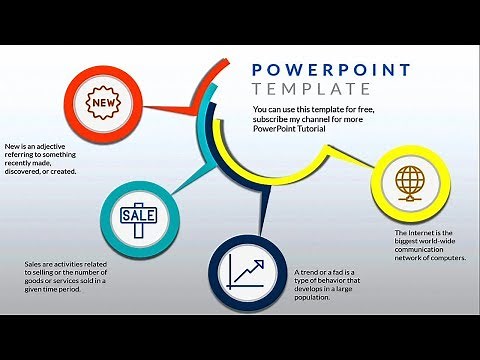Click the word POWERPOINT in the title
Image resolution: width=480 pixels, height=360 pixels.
coord(331,70)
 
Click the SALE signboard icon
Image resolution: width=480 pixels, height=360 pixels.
coord(138,215)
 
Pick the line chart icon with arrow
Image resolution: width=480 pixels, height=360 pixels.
coord(246,272)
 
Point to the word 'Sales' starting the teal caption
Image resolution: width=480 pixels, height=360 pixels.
coord(35,265)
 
